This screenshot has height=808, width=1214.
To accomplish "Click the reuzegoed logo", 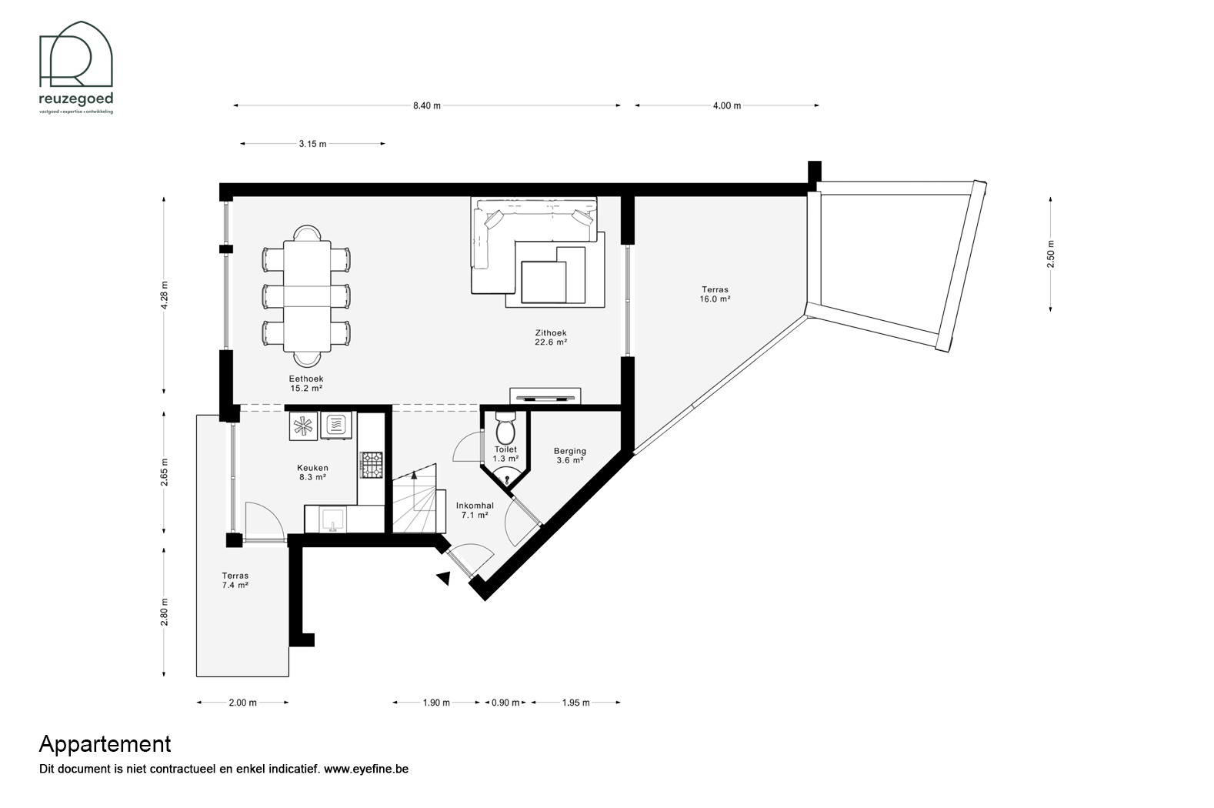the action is (x=76, y=67).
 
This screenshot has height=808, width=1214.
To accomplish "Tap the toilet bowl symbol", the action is (x=505, y=429).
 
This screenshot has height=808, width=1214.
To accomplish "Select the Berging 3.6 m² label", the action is (x=569, y=456).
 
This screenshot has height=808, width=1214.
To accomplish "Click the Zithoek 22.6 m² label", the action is (x=551, y=337).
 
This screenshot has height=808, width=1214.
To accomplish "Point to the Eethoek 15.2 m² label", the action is (x=306, y=383).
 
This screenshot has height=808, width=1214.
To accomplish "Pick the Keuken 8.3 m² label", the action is (x=312, y=472).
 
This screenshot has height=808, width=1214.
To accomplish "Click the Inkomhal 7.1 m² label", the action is (x=475, y=510).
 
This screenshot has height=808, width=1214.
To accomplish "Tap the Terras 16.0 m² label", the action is (x=715, y=294).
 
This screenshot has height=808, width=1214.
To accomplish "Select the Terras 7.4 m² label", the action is (x=235, y=580).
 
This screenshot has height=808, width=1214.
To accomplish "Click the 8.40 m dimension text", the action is (x=426, y=105).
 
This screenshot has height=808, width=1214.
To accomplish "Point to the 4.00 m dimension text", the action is (x=727, y=105).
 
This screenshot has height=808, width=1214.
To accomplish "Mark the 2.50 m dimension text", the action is (x=1051, y=254).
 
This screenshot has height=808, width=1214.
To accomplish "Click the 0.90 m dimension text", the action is (x=505, y=703).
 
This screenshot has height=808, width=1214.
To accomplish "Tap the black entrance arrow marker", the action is (x=444, y=579).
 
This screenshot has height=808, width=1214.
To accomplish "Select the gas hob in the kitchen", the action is (x=372, y=465).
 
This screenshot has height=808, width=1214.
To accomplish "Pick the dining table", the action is (x=307, y=296).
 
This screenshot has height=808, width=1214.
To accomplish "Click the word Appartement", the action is (x=105, y=744).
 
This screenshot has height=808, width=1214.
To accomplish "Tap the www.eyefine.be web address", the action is (x=366, y=769).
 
